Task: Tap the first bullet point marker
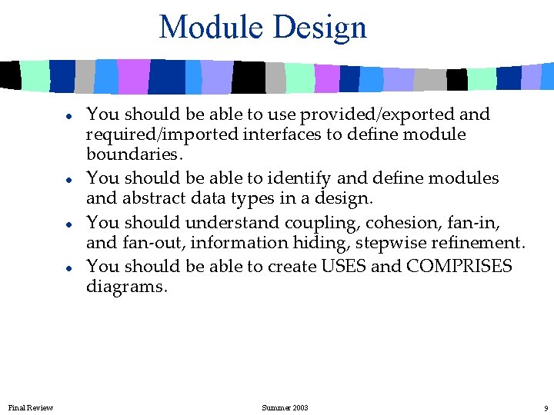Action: (x=68, y=115)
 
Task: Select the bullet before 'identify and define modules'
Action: (x=68, y=179)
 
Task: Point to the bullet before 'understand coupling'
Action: (x=68, y=224)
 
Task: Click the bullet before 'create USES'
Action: (x=68, y=267)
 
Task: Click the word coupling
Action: (x=319, y=223)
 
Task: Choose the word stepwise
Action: (x=406, y=243)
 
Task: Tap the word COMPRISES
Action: (x=459, y=267)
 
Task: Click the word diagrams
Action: (x=125, y=287)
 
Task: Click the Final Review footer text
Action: (x=31, y=407)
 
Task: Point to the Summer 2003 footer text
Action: (x=285, y=407)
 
